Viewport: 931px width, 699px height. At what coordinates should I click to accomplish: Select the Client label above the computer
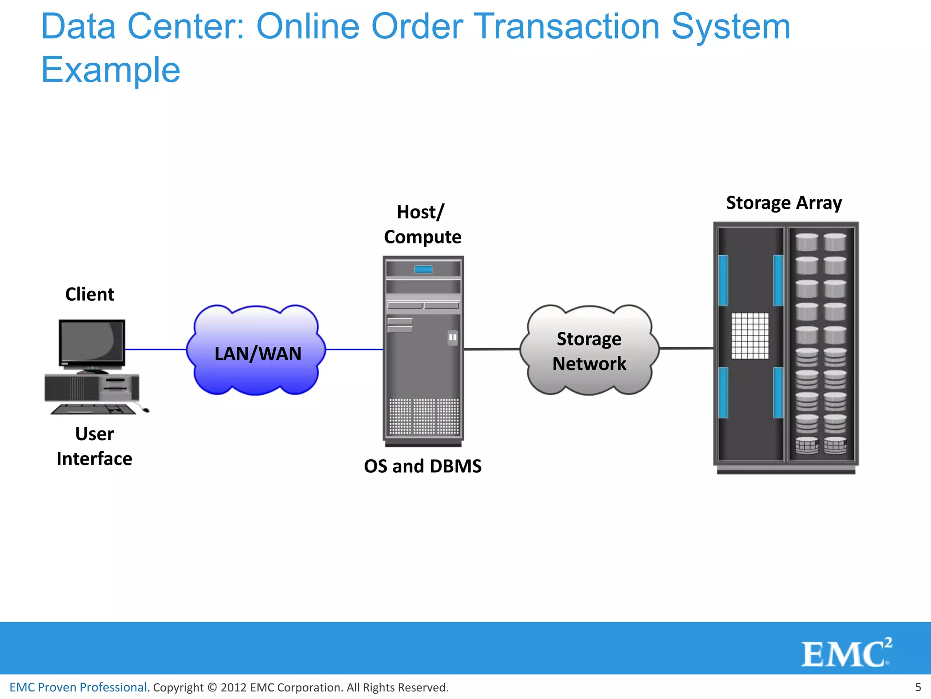(90, 294)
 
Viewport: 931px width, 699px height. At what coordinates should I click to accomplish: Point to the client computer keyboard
(94, 409)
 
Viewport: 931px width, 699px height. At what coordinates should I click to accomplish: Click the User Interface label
(95, 446)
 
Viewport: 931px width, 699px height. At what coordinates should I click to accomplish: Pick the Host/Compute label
(422, 224)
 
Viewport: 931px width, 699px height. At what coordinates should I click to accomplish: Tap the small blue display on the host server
(423, 269)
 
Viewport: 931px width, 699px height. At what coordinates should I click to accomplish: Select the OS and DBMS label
(422, 466)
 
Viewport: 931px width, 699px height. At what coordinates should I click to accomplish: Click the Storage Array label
(784, 203)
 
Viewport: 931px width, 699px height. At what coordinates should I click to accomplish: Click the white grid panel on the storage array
(750, 336)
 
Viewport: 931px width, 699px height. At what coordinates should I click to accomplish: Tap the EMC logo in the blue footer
(846, 653)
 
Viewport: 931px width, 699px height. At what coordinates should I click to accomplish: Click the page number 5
(918, 687)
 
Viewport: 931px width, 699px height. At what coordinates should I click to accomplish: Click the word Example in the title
(110, 70)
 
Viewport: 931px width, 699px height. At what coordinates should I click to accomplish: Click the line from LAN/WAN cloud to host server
(355, 349)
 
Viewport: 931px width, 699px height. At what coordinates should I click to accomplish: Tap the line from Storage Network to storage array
(686, 348)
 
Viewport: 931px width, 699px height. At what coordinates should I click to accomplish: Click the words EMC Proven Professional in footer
(78, 687)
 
